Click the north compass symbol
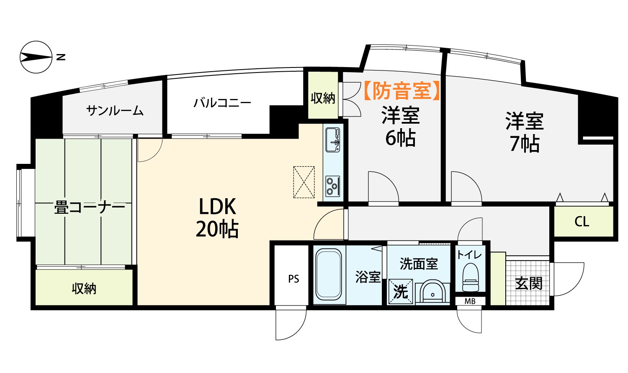point(36,57)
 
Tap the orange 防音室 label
point(402,91)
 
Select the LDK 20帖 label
point(217,218)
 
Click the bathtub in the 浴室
point(329,275)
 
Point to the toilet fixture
point(470,277)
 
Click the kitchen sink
point(333,140)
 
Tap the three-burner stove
point(333,186)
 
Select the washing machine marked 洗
point(400,292)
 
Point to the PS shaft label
point(293,279)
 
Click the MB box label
point(470,301)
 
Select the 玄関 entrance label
point(529,283)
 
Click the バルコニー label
point(222,103)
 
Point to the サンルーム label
point(115,111)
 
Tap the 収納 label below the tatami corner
point(84,288)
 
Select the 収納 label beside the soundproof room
point(323,98)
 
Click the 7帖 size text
point(525,144)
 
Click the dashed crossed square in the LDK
point(304,182)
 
